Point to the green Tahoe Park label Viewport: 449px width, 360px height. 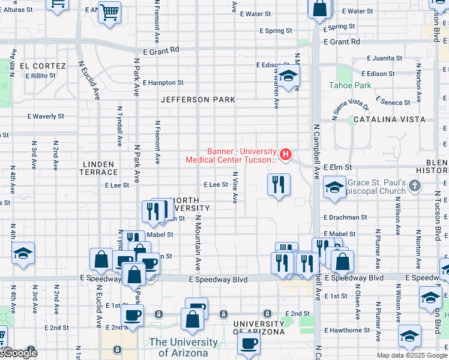tap(350, 85)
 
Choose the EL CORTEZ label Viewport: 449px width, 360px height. tap(42, 65)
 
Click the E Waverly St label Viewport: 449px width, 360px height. tap(46, 116)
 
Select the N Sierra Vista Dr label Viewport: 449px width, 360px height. tap(351, 106)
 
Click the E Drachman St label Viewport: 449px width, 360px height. tap(345, 217)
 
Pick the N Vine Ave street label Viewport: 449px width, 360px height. tap(235, 187)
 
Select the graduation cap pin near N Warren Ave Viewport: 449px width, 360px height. tap(289, 77)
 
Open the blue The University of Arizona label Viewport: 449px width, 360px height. tap(184, 347)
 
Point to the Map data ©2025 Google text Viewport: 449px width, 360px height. tap(411, 355)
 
